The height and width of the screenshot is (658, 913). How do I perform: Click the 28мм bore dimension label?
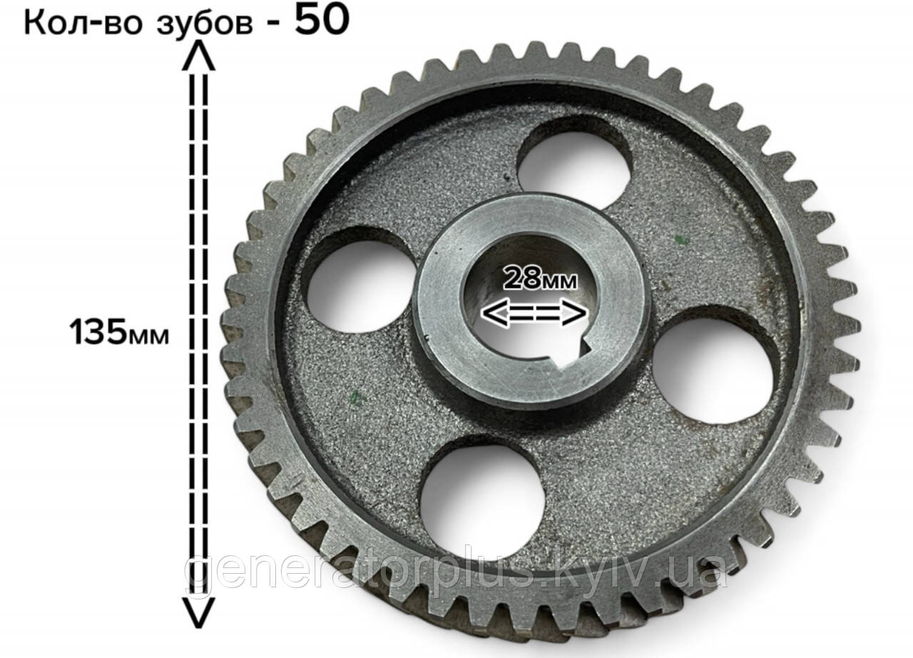[540, 278]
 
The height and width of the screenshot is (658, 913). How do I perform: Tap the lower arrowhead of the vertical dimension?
[198, 613]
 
